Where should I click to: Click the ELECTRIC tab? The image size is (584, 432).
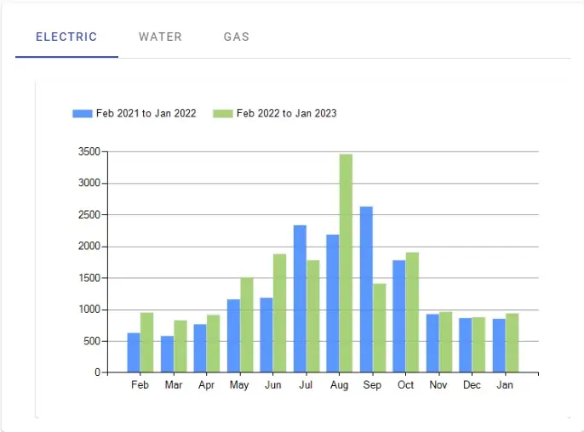(66, 37)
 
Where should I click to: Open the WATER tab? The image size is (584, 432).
(160, 37)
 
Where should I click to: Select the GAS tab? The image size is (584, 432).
(237, 37)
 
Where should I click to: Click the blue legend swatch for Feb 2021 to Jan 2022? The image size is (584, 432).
(83, 113)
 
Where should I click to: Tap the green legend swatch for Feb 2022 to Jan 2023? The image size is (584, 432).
(223, 113)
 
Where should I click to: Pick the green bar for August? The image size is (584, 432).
(346, 263)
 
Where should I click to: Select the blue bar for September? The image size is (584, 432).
(366, 289)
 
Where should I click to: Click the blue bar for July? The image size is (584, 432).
(300, 298)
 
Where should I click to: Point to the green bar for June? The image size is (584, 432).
(280, 313)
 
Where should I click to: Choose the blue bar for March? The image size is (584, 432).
(167, 354)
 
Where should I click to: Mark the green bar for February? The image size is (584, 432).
(146, 343)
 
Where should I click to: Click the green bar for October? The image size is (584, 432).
(412, 312)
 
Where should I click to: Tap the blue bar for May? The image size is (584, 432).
(233, 336)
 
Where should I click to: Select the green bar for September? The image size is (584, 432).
(380, 327)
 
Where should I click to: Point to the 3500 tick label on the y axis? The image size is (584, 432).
(89, 151)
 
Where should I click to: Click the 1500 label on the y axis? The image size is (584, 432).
(89, 278)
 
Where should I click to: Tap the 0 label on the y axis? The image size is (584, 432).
(98, 372)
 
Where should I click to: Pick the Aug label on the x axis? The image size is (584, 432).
(340, 384)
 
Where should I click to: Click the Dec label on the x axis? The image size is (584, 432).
(472, 384)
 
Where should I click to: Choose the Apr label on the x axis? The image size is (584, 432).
(206, 384)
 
